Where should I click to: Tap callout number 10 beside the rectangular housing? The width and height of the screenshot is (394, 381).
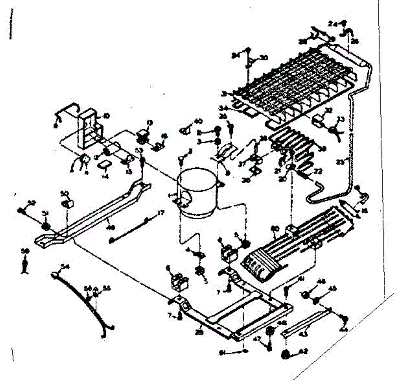pos(106,116)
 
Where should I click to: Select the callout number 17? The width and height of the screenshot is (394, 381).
pos(160,213)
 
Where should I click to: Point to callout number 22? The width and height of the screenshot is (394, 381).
pos(318,171)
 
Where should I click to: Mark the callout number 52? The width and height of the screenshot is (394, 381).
pos(32,203)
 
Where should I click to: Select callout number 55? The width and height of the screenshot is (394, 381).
pos(106,288)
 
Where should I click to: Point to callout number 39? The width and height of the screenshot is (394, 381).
pos(322,149)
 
